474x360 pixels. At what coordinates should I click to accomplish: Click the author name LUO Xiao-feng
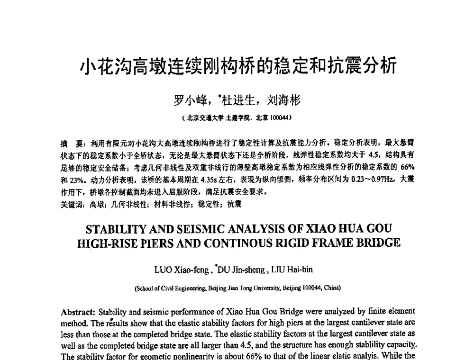pyautogui.click(x=182, y=270)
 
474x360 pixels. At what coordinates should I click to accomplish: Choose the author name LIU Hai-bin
pyautogui.click(x=292, y=270)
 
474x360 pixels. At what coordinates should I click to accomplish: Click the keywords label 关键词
pyautogui.click(x=71, y=204)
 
